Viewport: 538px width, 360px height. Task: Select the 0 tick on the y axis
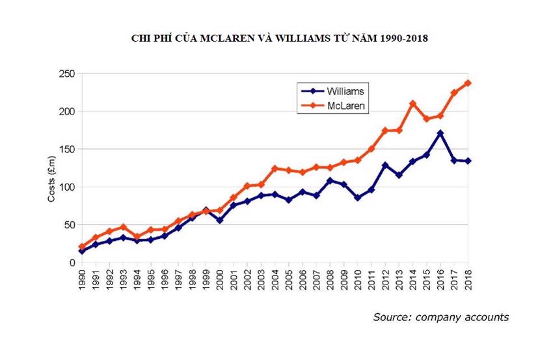72,262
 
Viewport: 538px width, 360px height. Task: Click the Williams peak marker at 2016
440,133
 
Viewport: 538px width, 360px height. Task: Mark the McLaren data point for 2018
468,83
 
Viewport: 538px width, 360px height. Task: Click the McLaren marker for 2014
412,104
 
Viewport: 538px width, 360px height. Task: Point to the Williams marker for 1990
81,251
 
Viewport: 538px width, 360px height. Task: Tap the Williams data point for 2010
357,198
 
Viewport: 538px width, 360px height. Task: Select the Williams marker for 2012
385,165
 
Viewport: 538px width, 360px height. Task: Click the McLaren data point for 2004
275,169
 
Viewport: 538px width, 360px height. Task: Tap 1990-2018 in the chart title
396,38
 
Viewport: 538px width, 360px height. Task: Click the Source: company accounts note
440,317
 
